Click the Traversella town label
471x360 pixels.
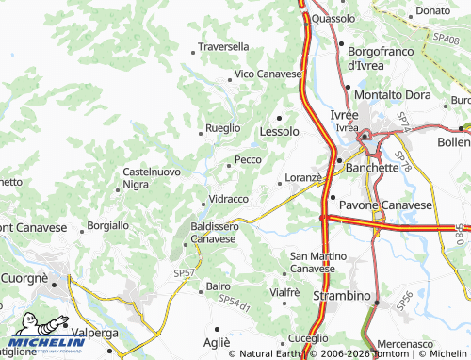[x=223, y=46]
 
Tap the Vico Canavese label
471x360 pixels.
[x=268, y=74]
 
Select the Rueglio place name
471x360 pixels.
[x=223, y=128]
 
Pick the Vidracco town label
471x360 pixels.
[x=228, y=200]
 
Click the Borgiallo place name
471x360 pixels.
[x=107, y=226]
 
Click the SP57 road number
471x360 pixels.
[x=184, y=272]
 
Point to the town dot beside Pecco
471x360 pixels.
[x=228, y=165]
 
